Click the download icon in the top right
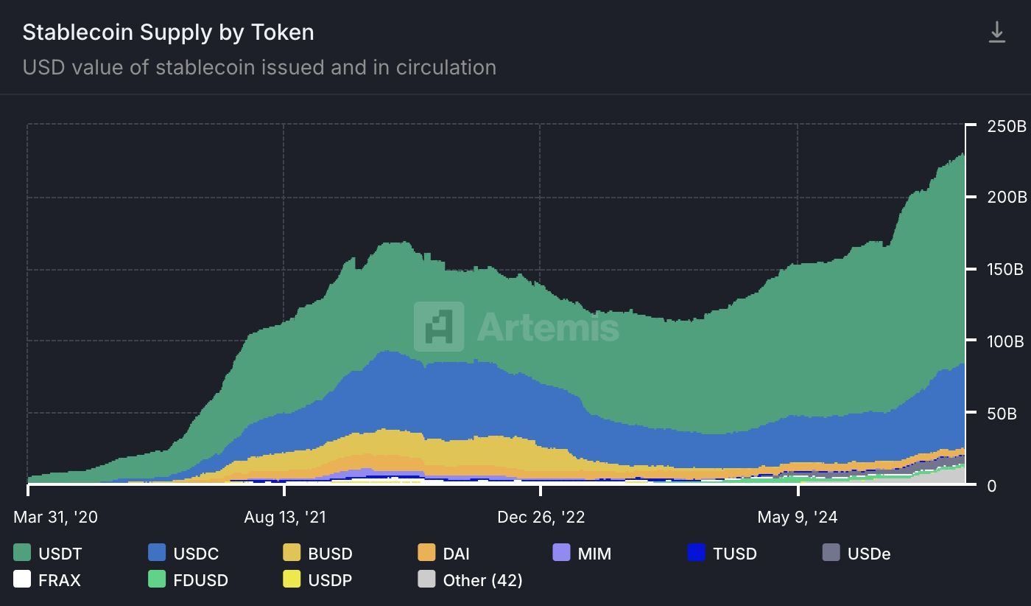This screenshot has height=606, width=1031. (x=996, y=32)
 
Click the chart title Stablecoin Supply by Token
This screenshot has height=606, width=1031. (x=168, y=32)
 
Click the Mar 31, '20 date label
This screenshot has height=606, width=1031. (x=55, y=517)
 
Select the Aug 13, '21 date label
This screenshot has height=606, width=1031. (x=284, y=517)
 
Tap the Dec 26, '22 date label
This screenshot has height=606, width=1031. (x=541, y=517)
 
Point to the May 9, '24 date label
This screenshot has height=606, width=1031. (x=798, y=517)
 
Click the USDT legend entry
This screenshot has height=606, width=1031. (x=49, y=553)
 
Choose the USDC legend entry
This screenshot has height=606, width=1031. (x=184, y=553)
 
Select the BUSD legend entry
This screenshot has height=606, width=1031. (x=318, y=553)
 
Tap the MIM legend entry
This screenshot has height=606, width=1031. (x=582, y=553)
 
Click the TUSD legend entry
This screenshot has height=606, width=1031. (x=722, y=553)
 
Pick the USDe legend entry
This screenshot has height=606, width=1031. (x=856, y=553)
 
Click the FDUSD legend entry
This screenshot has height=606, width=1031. (x=188, y=580)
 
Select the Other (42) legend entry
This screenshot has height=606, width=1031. (x=470, y=580)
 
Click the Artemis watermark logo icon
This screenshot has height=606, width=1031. (x=439, y=326)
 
